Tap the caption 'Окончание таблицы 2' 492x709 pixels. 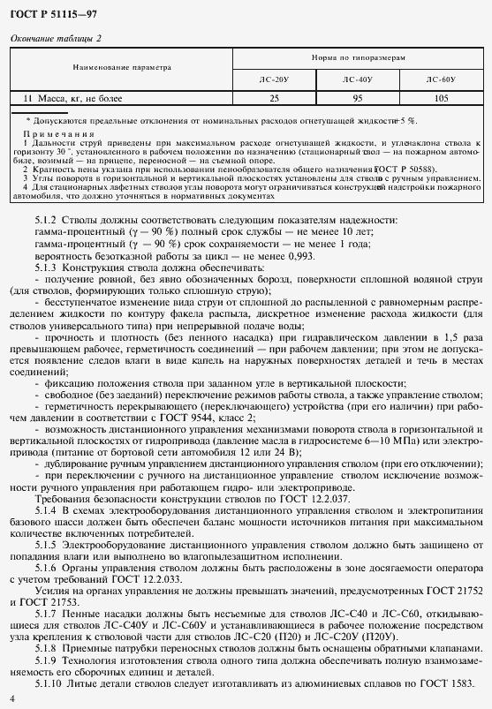click(x=56, y=37)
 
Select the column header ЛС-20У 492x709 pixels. click(x=273, y=79)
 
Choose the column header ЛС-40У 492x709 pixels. click(x=357, y=79)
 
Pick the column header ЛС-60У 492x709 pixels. click(x=441, y=79)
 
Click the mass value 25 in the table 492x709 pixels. click(x=274, y=97)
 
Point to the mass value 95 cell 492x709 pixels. click(x=358, y=97)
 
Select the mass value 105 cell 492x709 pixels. click(x=441, y=97)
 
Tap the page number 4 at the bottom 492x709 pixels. click(x=11, y=699)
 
